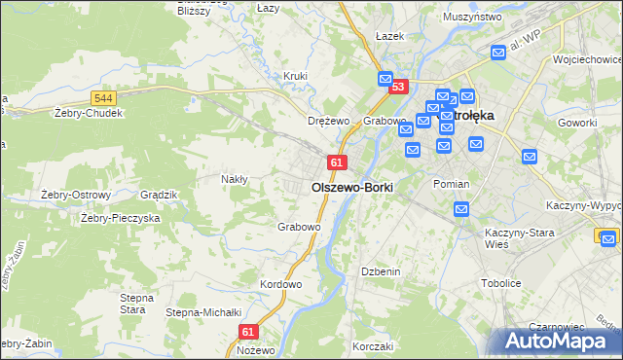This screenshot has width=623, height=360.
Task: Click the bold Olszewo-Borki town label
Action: pos(351,187)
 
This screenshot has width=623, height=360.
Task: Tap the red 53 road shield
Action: pos(397,88)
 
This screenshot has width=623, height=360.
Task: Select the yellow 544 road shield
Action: pos(105,98)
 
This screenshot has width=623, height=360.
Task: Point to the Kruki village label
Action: pos(295,76)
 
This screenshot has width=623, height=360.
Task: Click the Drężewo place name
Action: pos(328,121)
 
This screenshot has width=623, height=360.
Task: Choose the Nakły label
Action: pos(235,179)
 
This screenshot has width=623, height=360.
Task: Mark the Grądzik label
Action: pos(158,195)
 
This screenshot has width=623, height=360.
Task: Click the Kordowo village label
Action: pos(281,285)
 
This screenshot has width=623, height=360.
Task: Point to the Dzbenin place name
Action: pos(381,271)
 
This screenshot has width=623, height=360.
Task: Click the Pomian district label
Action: pos(451,184)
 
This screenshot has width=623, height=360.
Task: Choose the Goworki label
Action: pos(577,124)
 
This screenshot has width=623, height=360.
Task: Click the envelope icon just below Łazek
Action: pos(385,79)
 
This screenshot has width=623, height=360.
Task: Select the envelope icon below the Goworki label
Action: pos(530,156)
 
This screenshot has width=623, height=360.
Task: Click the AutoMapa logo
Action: pos(558,341)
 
